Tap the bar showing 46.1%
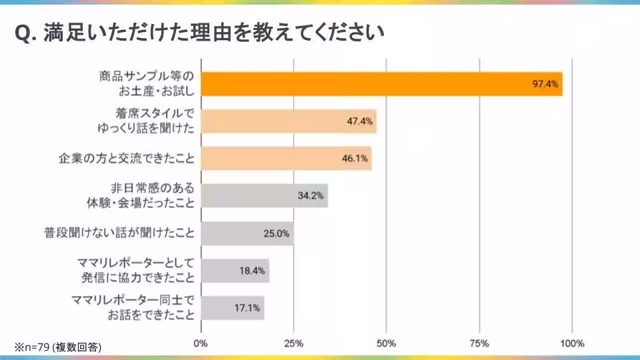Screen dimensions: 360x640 pos(286,159)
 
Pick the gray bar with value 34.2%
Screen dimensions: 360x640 pos(264,196)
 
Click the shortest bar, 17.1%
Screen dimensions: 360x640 pos(232,308)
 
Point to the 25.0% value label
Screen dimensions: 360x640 pos(276,233)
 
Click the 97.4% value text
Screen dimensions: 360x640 pos(545,84)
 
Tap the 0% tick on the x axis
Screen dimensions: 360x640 pos(200,343)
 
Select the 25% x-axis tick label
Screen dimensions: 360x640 pos(294,343)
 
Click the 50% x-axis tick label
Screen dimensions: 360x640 pos(387,343)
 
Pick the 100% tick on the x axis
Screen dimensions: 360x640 pos(572,343)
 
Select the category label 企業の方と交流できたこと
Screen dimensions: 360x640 pos(127,159)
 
